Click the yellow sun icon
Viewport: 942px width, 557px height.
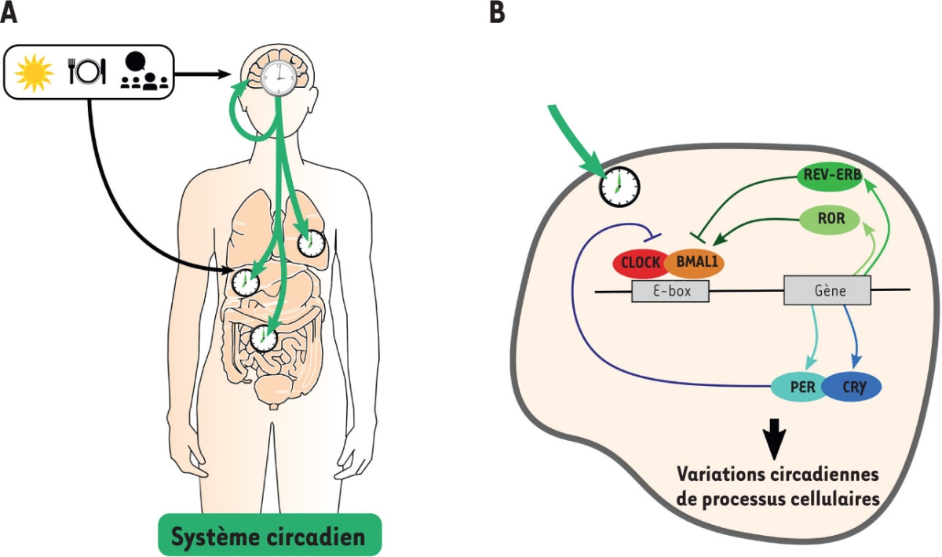point(34,71)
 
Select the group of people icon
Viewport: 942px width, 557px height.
point(143,72)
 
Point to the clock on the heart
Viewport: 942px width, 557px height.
point(312,243)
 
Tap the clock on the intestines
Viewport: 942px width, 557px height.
point(264,339)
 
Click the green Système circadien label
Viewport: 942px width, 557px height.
point(269,537)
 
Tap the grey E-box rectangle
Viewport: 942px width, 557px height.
point(670,291)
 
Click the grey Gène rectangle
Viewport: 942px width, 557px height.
point(827,291)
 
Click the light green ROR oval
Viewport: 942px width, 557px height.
point(831,219)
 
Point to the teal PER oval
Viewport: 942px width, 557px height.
point(798,386)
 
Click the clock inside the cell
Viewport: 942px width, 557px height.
point(619,187)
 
